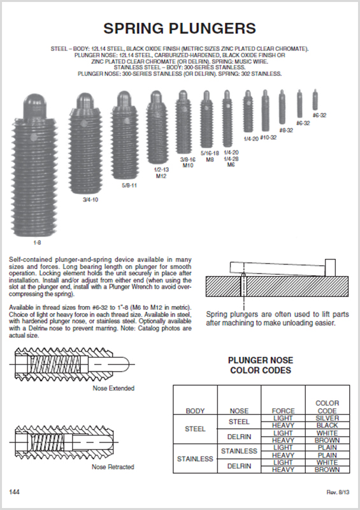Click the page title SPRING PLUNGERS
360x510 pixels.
[180, 28]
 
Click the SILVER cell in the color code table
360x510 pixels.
[327, 418]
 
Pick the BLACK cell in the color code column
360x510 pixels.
[327, 425]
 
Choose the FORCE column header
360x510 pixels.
[283, 411]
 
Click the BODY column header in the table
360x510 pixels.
[195, 411]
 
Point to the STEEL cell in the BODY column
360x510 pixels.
[195, 429]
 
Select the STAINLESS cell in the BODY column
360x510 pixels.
[195, 459]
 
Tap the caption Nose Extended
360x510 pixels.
[113, 388]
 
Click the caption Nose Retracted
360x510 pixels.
[113, 467]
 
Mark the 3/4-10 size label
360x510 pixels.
[90, 200]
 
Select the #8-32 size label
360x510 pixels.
[285, 130]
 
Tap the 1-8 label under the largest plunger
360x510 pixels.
[37, 243]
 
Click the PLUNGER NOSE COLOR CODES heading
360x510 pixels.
[260, 365]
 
